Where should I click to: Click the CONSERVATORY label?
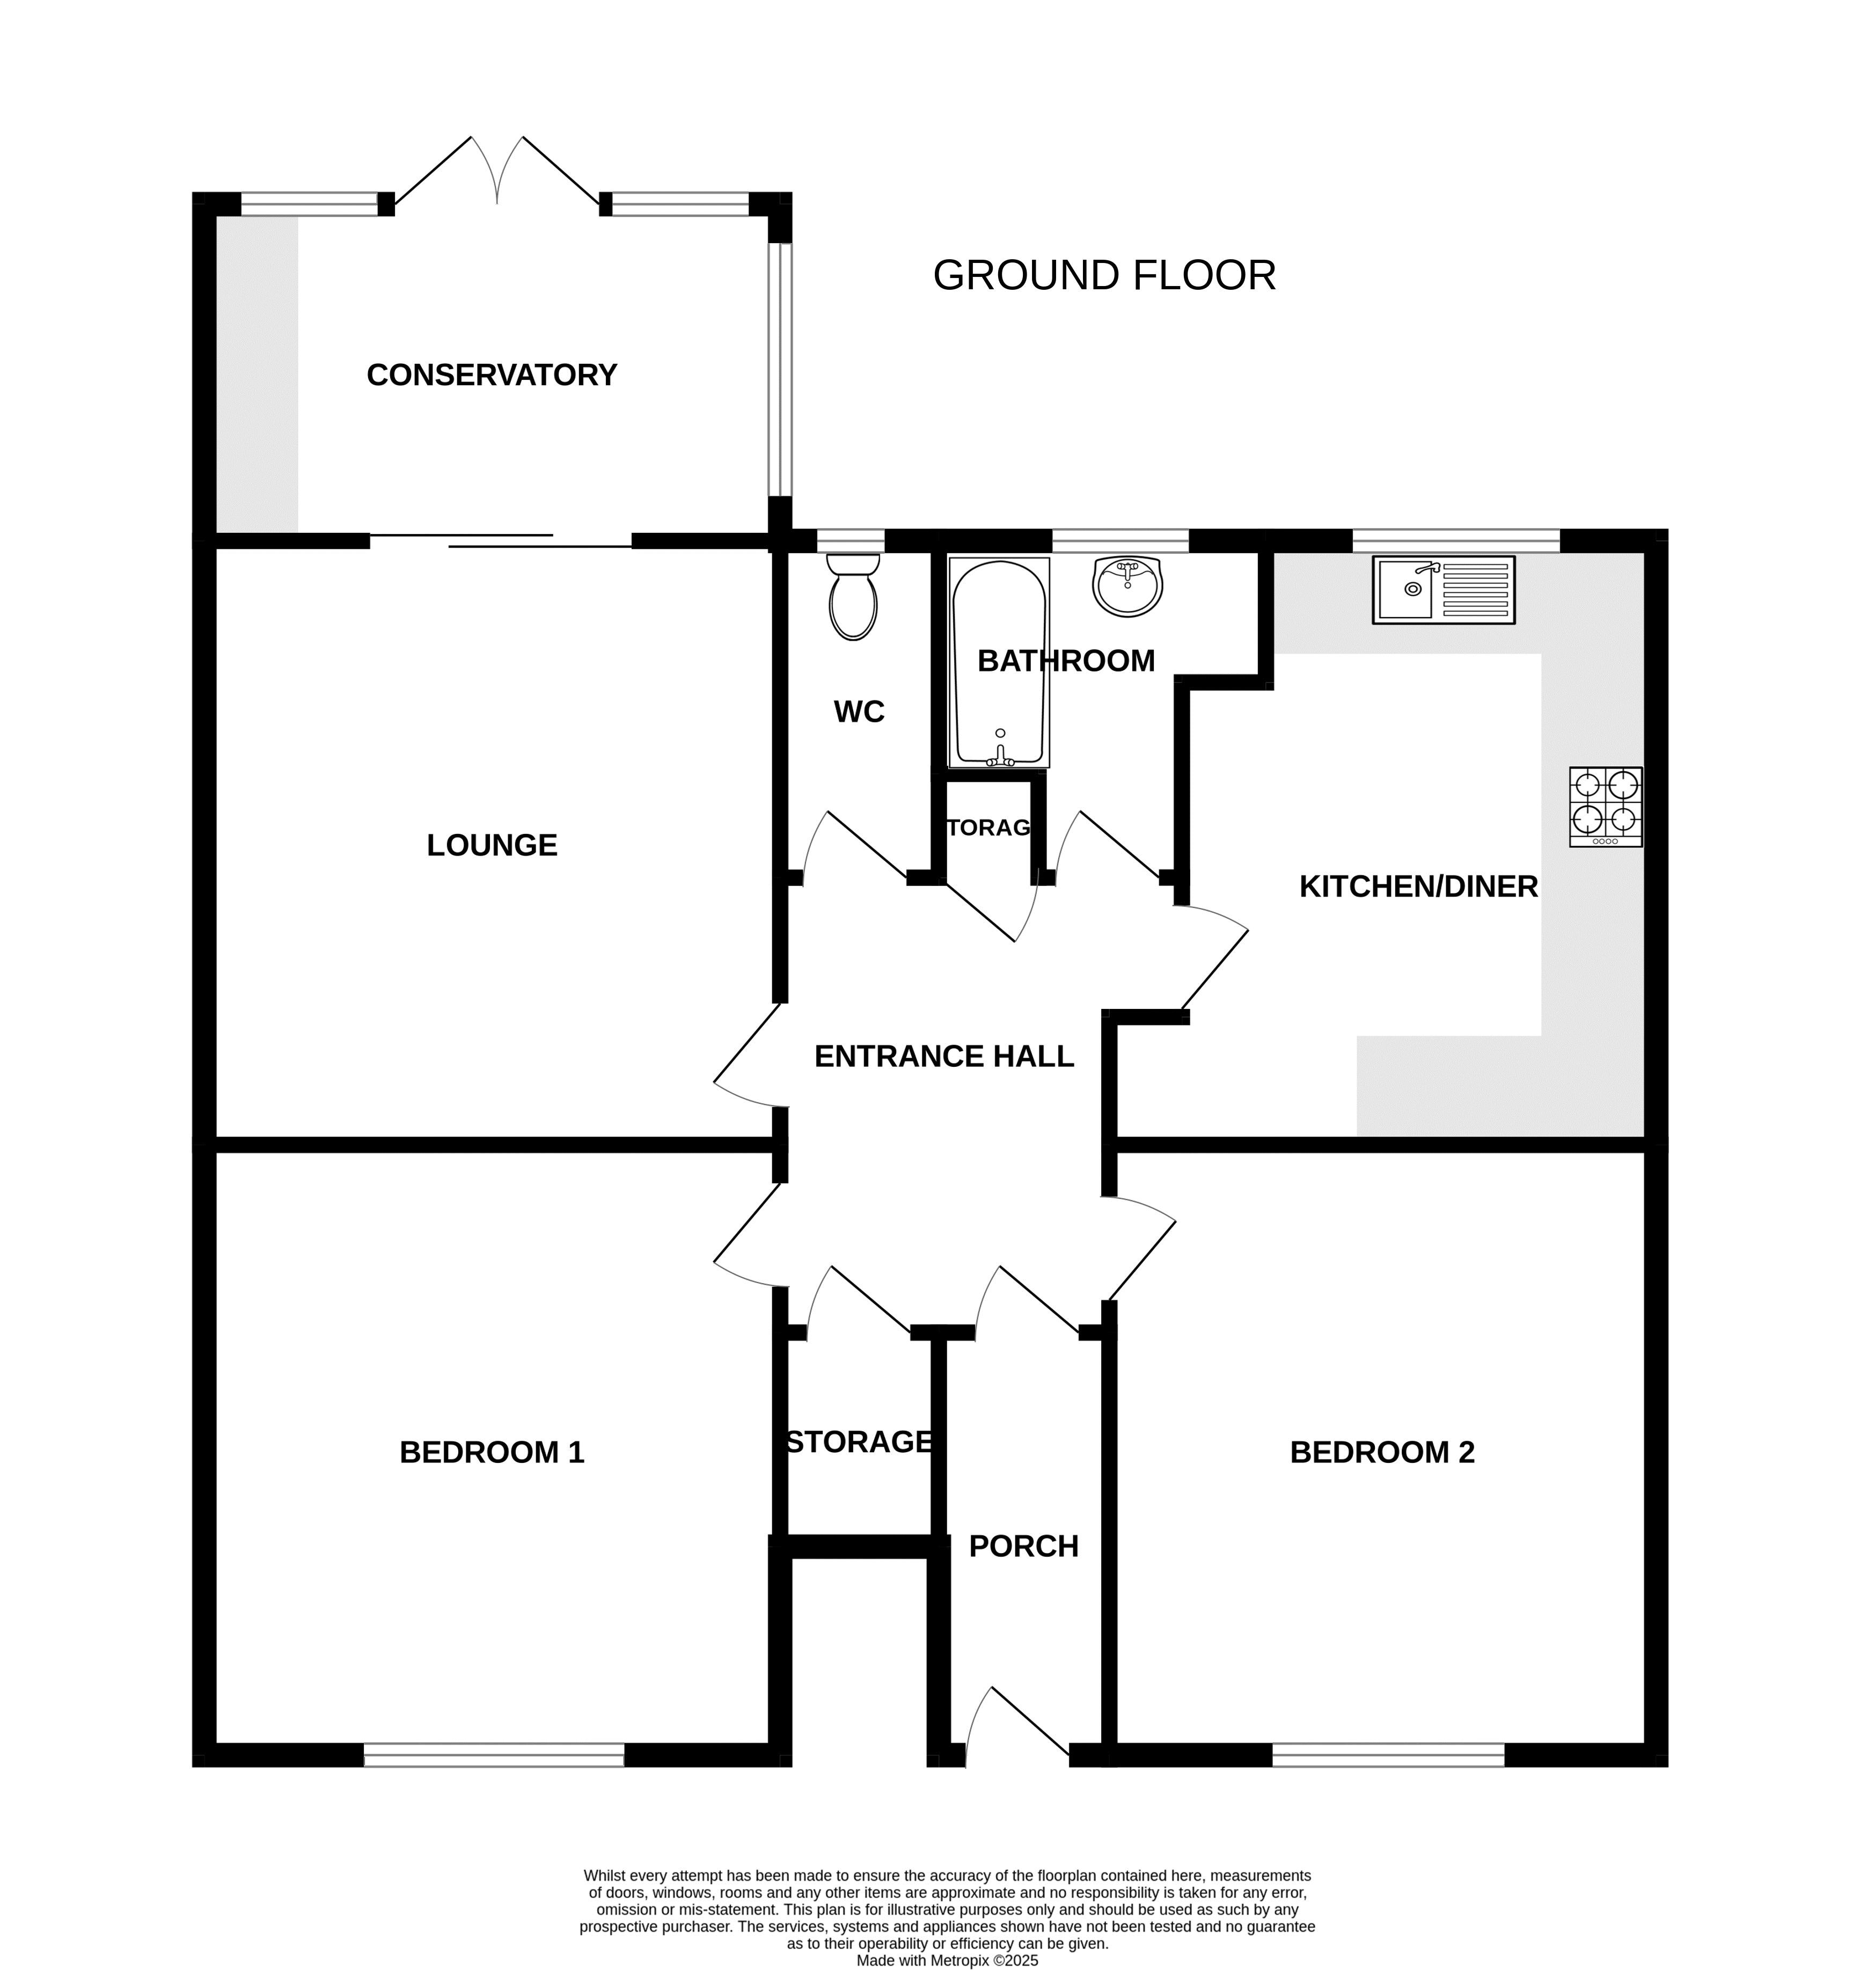(492, 375)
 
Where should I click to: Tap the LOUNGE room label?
(492, 845)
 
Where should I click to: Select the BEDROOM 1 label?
(492, 1453)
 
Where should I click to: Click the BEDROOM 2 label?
(1382, 1453)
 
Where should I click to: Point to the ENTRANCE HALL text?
(944, 1056)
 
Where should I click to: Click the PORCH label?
(1023, 1547)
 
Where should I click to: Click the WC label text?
(859, 712)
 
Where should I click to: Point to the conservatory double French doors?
(497, 173)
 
